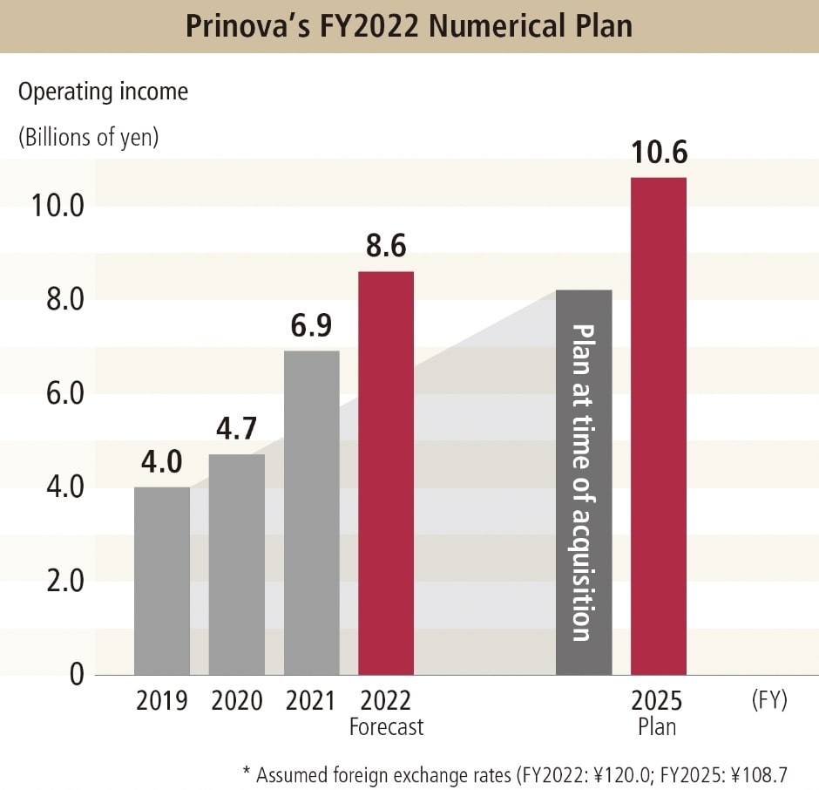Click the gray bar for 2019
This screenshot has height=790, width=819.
tap(162, 581)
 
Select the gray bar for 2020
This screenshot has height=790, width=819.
tap(237, 564)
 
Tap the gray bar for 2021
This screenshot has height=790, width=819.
tap(312, 513)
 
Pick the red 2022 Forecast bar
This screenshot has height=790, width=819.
tap(386, 473)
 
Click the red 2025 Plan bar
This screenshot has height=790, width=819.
tap(659, 426)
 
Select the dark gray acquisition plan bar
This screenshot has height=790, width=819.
tap(584, 482)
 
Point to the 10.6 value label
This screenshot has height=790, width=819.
tap(659, 153)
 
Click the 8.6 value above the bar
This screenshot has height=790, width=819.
tap(386, 248)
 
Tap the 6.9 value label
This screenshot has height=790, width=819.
tap(312, 327)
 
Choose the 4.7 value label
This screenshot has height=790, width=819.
tap(237, 430)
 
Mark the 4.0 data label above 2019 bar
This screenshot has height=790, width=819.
tap(162, 463)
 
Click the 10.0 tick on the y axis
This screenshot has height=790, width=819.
tap(57, 207)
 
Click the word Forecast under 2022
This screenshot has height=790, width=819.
tap(386, 726)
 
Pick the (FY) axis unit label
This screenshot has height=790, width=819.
tap(768, 701)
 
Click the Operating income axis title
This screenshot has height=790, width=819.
tap(103, 91)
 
